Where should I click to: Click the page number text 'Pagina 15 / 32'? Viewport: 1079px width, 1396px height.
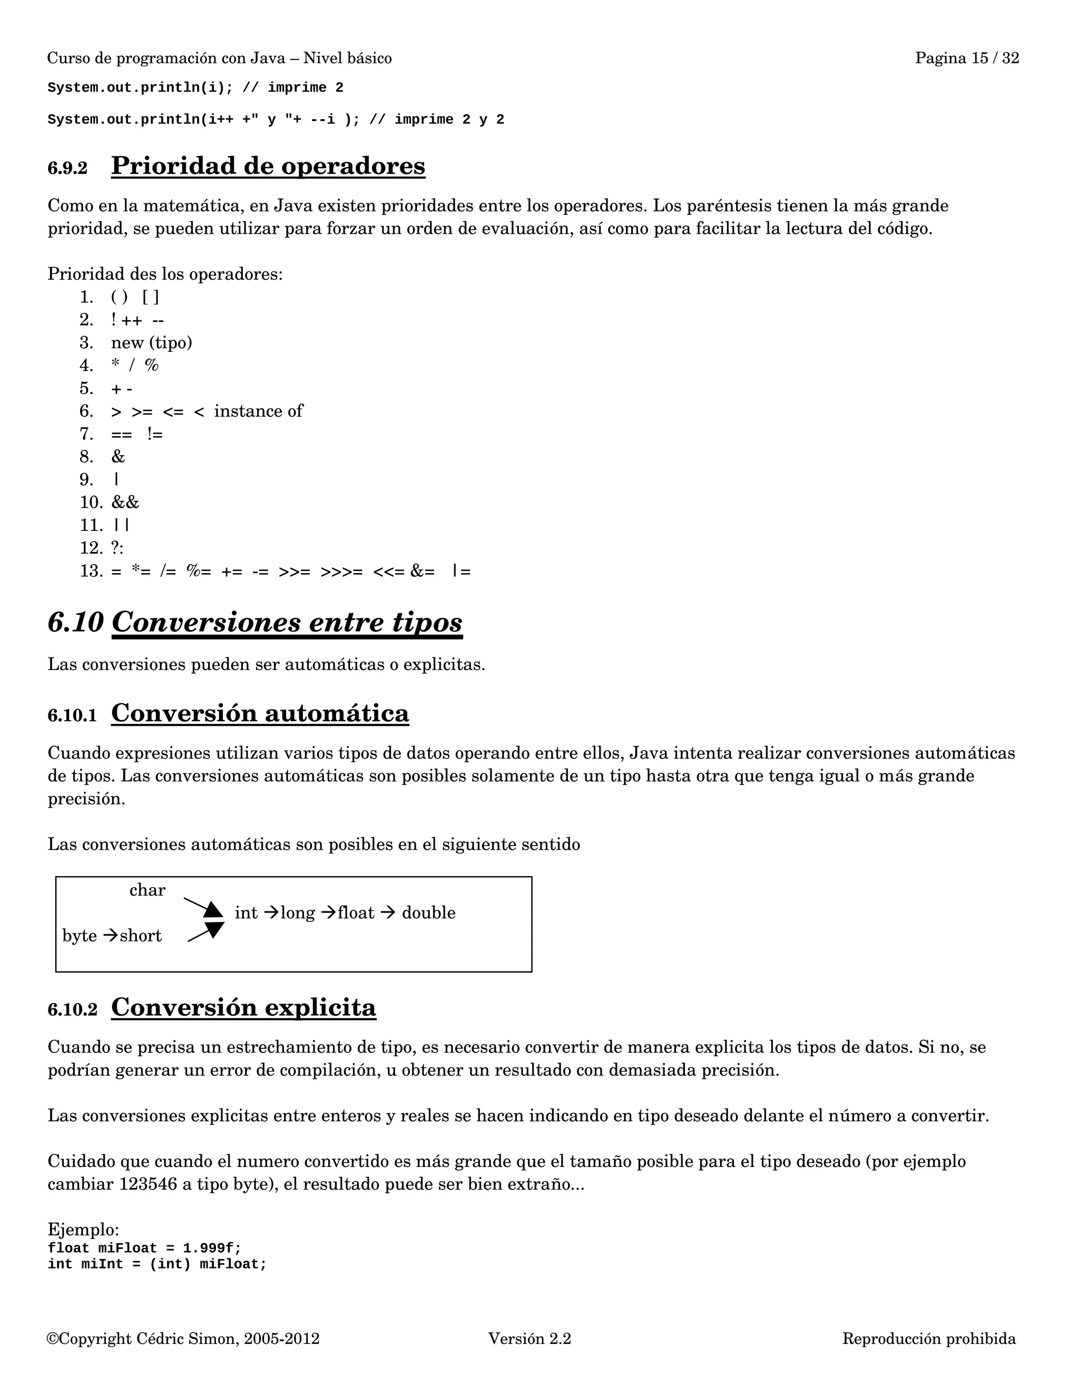point(966,58)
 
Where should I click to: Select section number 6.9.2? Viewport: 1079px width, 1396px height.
point(67,169)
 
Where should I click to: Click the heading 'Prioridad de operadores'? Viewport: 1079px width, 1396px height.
point(268,166)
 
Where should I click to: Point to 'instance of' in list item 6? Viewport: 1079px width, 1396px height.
point(258,411)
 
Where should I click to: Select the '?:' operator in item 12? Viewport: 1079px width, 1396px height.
point(117,548)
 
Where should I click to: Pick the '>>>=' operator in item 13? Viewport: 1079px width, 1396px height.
point(341,571)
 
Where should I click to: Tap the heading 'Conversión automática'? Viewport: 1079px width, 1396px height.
point(260,713)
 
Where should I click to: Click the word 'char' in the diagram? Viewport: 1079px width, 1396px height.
point(147,890)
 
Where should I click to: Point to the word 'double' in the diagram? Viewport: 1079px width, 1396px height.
point(428,913)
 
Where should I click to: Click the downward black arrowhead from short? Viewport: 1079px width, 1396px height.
point(215,929)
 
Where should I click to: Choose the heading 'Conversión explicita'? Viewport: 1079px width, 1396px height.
point(243,1007)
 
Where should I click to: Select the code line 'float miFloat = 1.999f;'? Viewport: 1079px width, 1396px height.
point(144,1248)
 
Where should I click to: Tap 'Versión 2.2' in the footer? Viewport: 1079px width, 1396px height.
point(529,1339)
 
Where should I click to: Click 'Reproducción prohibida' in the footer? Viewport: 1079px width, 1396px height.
point(929,1339)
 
